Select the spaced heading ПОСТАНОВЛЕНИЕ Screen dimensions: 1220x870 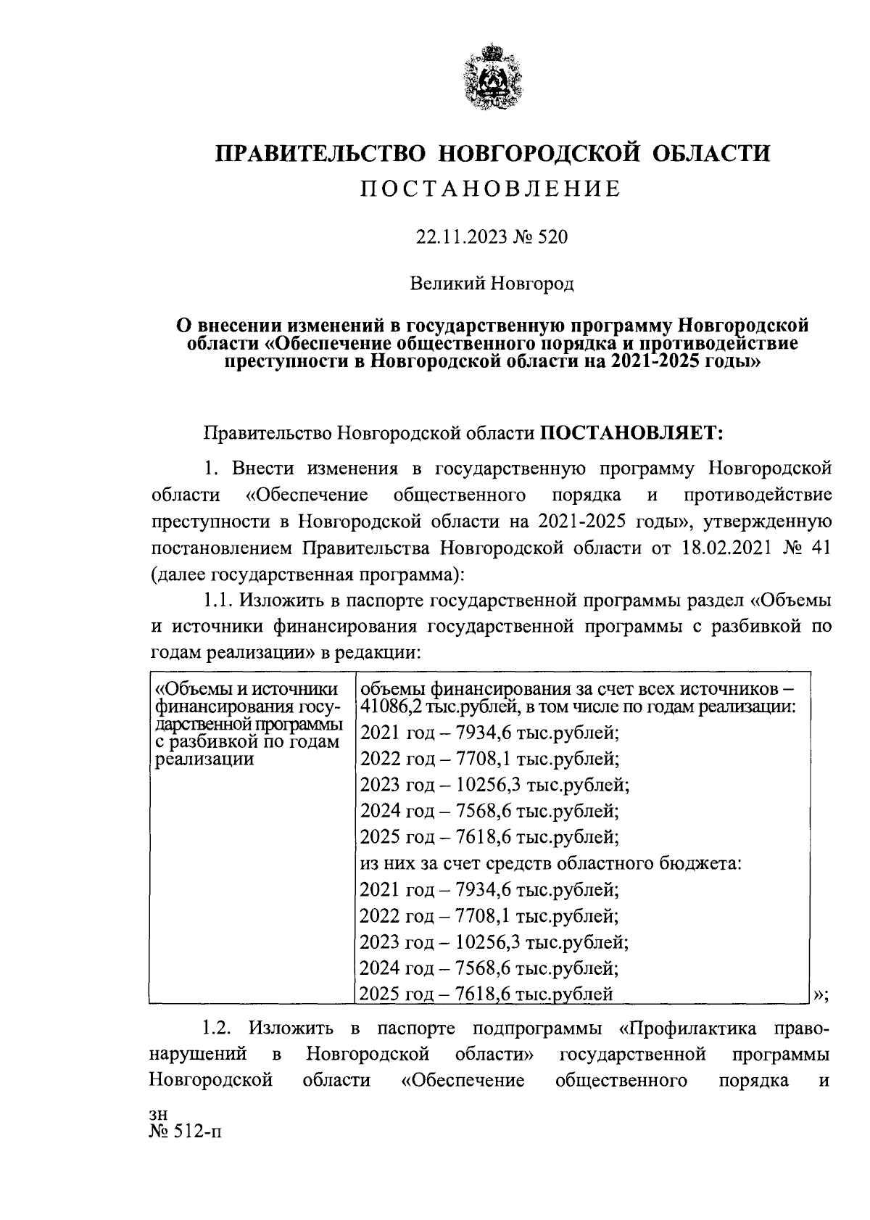pos(492,189)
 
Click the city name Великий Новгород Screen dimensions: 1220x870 pos(492,283)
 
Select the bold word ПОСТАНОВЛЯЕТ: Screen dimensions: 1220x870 pos(633,434)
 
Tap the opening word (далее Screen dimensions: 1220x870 pos(178,574)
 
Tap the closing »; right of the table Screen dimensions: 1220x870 pos(821,996)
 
